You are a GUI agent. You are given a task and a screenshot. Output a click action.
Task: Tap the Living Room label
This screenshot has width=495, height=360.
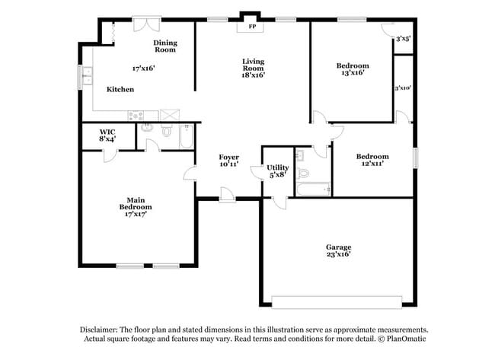tap(253, 68)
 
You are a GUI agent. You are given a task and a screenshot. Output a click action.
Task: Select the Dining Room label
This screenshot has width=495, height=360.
tap(165, 46)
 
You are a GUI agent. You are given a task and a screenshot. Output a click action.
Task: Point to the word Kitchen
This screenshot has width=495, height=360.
tap(120, 89)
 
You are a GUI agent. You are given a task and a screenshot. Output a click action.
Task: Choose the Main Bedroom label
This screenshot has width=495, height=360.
tap(135, 206)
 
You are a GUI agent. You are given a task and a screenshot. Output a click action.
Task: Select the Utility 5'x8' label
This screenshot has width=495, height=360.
tap(276, 170)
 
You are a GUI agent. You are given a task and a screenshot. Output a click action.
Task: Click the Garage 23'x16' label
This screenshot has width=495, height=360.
tap(339, 250)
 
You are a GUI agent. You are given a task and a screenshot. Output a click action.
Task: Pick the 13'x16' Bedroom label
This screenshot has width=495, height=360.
tap(352, 69)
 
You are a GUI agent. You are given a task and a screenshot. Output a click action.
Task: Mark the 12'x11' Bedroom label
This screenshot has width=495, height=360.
tap(372, 159)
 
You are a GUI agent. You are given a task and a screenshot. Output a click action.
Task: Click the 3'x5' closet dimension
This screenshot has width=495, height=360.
tap(403, 37)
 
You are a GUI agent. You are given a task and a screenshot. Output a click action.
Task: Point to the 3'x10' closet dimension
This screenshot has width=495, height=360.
tap(403, 88)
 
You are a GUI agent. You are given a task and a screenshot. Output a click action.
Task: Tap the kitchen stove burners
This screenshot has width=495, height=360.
tap(138, 116)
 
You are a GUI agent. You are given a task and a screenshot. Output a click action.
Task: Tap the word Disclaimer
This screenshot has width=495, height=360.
tap(104, 329)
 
